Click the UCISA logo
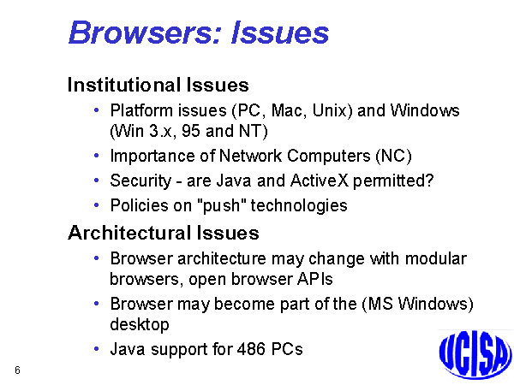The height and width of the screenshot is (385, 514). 475,355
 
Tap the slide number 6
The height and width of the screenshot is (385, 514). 17,370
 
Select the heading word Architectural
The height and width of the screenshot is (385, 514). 129,233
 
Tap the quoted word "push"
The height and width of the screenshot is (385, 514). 222,206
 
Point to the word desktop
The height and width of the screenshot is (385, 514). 140,324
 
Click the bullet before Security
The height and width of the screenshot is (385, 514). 96,181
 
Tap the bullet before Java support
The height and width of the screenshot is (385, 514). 96,349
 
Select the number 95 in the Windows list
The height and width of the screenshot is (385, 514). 191,131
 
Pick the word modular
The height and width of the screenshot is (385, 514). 436,258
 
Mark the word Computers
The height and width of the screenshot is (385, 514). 329,157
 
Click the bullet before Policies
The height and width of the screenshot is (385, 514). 96,205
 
